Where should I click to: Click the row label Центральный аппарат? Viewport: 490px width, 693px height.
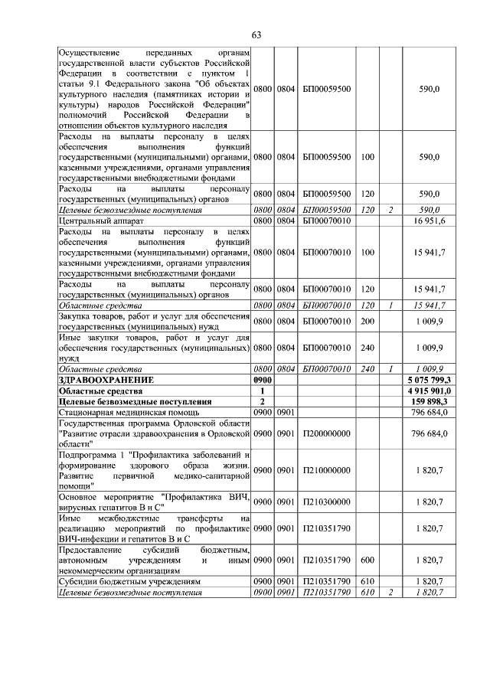pos(101,221)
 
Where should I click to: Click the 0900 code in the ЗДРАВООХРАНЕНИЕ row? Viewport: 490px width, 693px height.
pos(263,380)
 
